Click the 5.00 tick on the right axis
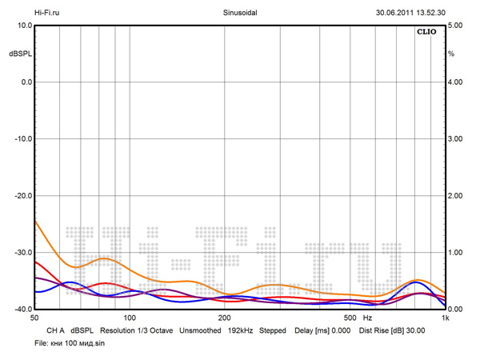point(454,26)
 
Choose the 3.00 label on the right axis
point(454,139)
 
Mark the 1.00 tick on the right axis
point(454,253)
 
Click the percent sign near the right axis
point(451,54)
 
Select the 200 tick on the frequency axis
point(225,318)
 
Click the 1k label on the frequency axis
point(445,318)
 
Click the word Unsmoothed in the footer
point(200,330)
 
